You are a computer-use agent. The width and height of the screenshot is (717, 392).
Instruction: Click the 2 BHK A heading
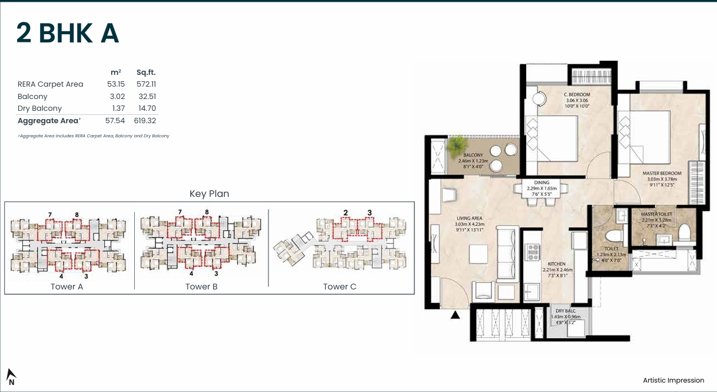pos(68,34)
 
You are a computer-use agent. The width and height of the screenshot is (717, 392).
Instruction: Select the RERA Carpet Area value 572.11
pos(146,84)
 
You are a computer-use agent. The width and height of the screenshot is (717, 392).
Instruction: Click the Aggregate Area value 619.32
pos(145,121)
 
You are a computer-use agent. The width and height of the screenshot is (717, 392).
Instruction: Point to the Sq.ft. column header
pos(145,72)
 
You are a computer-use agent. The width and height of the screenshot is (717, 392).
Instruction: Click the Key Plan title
pos(209,193)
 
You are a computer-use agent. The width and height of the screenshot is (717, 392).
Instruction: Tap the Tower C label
pos(340,286)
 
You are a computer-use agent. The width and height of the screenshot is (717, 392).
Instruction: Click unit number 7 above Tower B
pos(180,212)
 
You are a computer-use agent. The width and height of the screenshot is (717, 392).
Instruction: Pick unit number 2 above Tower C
pos(346,212)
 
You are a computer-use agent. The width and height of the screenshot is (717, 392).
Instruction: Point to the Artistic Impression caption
pos(673,380)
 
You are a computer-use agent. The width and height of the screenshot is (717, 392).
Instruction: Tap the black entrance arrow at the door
pos(455,315)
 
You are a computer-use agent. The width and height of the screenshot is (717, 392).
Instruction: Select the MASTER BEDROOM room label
pos(662,173)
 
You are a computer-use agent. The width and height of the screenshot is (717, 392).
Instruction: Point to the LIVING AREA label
pos(469,218)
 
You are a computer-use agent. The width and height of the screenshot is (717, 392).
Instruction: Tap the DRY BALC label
pos(565,311)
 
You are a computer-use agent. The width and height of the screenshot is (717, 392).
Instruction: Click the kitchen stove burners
pos(533,252)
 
